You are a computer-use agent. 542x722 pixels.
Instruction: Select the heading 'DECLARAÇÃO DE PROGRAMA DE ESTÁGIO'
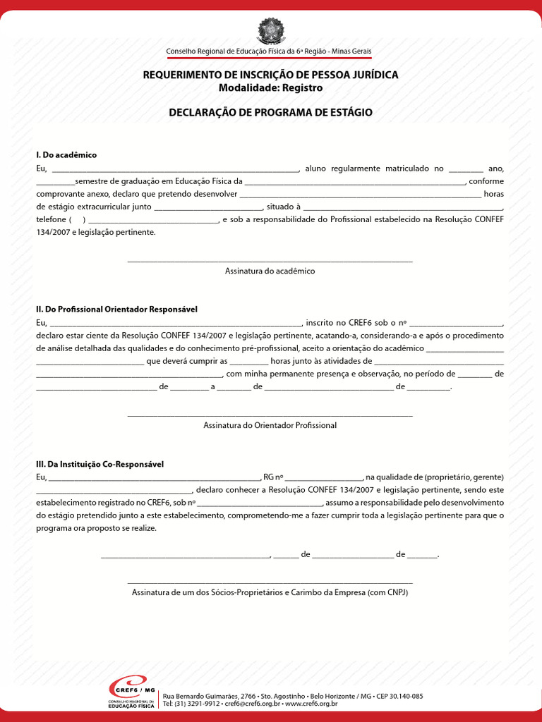tap(270, 113)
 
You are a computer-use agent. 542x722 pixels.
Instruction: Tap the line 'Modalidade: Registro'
tap(270, 88)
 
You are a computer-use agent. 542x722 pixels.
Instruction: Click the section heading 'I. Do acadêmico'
tap(66, 154)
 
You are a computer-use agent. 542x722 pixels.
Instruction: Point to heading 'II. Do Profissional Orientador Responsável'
tap(116, 310)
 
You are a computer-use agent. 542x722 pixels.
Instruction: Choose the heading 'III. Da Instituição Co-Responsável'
tap(100, 465)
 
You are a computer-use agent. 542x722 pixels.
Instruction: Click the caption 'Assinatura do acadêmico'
tap(270, 271)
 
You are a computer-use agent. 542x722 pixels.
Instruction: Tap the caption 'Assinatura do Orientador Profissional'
tap(270, 425)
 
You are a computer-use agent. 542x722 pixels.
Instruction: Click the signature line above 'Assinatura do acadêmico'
tap(270, 262)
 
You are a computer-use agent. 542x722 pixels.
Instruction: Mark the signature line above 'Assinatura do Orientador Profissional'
tap(270, 416)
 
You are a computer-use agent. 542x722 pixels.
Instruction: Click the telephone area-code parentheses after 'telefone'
tap(77, 220)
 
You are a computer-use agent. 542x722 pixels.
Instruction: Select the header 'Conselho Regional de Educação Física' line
tap(269, 51)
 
